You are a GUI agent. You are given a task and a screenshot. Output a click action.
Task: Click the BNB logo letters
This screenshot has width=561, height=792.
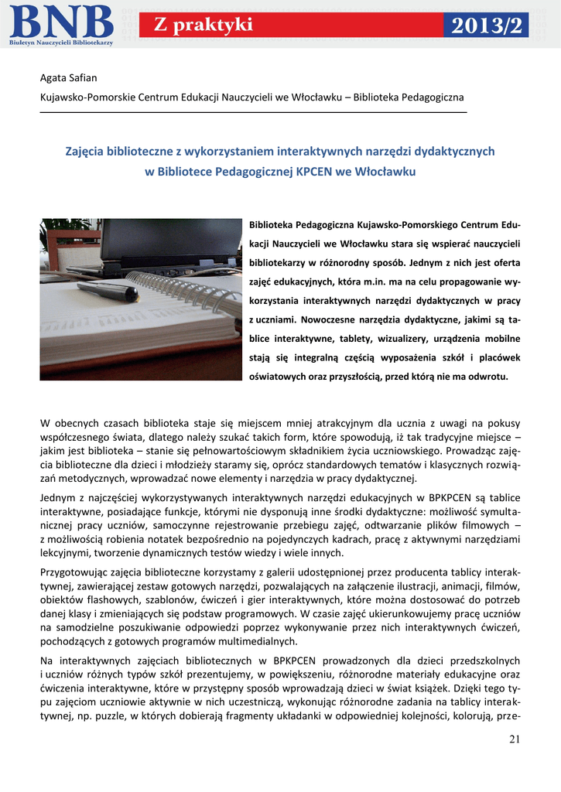click(62, 20)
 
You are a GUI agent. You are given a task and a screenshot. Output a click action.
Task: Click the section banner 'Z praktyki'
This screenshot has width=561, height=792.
click(204, 26)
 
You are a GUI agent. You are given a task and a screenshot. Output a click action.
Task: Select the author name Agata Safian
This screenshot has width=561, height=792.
click(69, 77)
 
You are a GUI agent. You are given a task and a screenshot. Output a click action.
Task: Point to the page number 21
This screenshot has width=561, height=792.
click(515, 740)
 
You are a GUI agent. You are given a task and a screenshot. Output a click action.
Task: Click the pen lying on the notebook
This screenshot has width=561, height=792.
click(108, 290)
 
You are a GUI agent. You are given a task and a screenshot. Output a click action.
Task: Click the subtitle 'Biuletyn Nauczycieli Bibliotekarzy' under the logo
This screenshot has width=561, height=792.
click(61, 43)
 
